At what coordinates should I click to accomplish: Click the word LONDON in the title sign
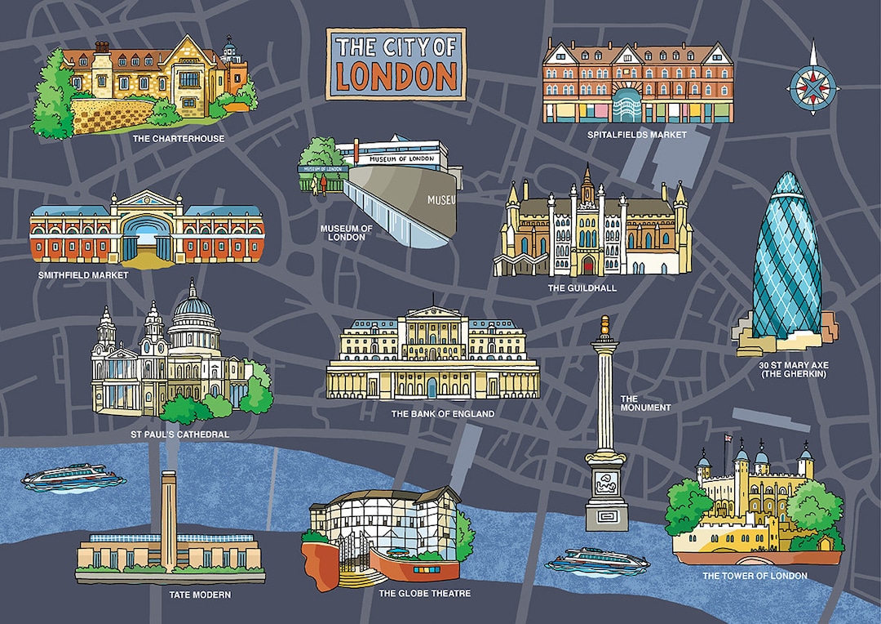(396, 76)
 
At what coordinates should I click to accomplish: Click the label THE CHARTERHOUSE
(178, 139)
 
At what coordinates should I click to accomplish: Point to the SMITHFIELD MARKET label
(83, 275)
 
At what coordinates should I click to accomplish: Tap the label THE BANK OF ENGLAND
(442, 414)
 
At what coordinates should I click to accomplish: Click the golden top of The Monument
(604, 325)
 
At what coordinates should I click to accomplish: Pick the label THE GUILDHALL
(582, 288)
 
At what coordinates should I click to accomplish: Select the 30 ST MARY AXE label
(793, 369)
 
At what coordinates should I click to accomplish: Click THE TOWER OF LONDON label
(755, 576)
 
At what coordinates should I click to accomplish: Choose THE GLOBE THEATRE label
(425, 593)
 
